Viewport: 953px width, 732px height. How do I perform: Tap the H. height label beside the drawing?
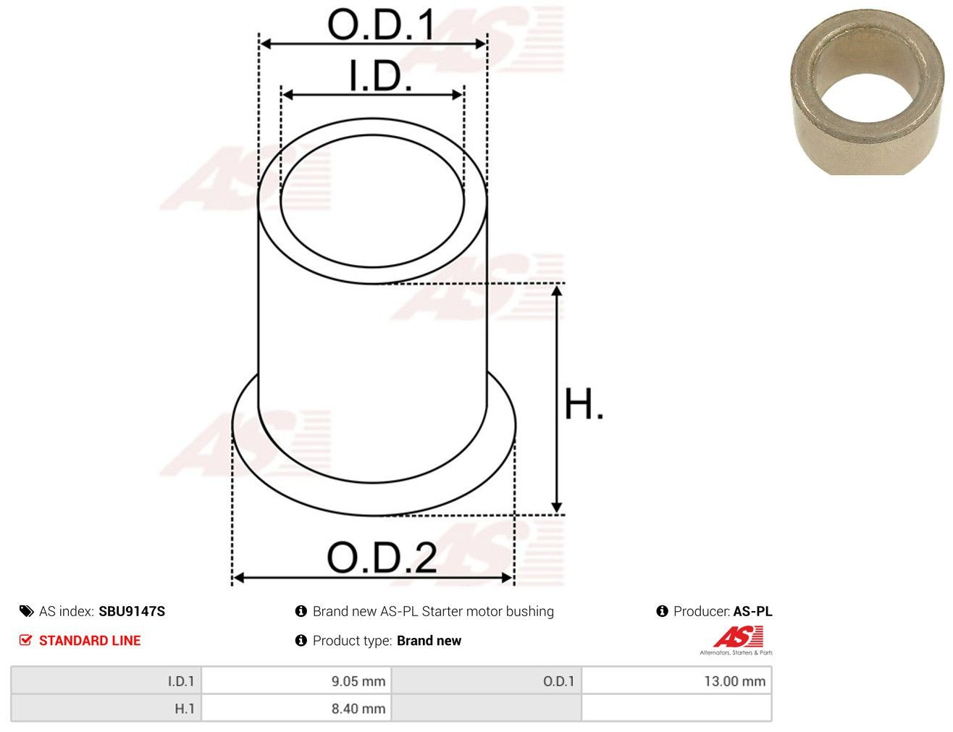point(584,403)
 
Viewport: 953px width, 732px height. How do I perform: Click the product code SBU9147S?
point(132,611)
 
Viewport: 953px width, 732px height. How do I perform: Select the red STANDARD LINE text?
point(90,640)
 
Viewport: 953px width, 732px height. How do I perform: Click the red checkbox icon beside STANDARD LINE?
point(25,640)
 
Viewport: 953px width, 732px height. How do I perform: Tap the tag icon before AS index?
point(26,611)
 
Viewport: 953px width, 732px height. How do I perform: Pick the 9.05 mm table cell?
point(296,681)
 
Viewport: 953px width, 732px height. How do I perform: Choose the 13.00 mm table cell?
point(676,681)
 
